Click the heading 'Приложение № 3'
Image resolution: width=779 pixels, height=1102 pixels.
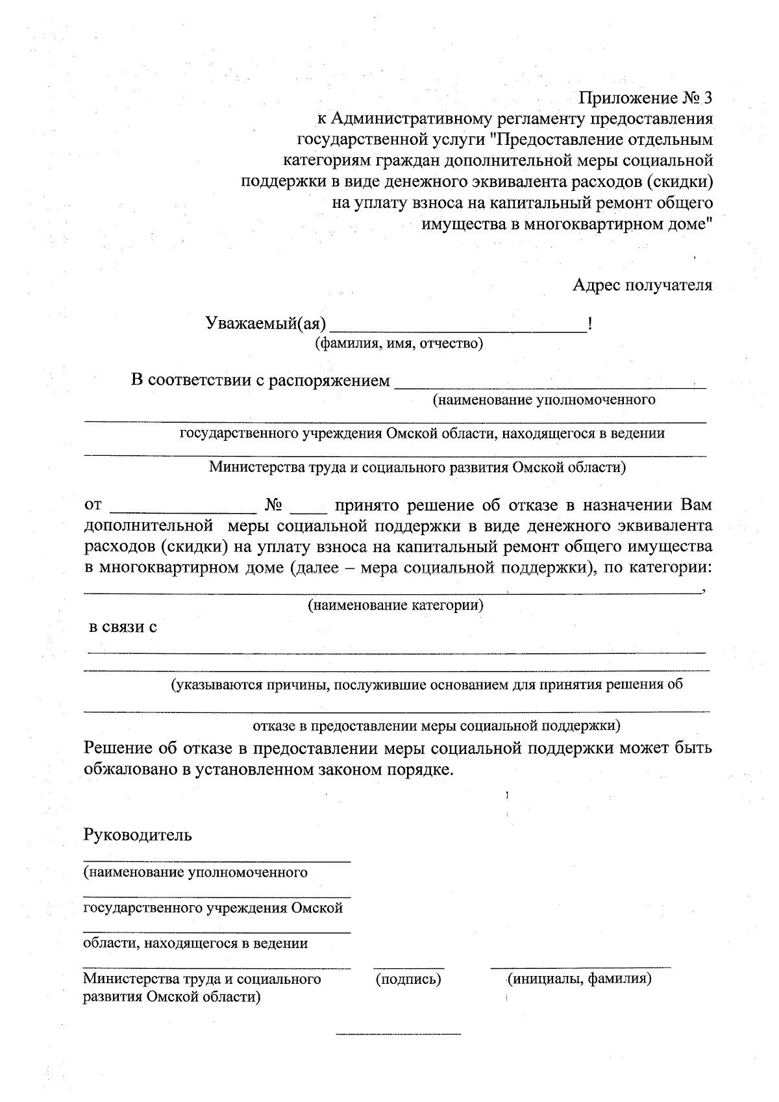pos(645,99)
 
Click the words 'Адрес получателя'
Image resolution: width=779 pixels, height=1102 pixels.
pos(642,285)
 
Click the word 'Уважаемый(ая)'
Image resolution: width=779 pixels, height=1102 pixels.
pos(266,323)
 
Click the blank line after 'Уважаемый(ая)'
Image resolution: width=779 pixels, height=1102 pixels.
pos(458,331)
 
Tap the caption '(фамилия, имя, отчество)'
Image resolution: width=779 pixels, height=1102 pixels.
pos(399,343)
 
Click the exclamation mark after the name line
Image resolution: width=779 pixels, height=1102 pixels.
pos(588,323)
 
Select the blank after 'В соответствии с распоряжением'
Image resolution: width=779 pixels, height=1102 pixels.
pos(550,387)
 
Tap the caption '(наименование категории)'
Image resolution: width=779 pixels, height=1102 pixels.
pos(395,605)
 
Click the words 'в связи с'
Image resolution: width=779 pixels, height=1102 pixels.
pos(123,627)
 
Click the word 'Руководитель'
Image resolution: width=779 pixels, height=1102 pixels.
pos(138,834)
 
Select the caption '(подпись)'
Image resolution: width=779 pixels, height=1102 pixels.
pos(408,979)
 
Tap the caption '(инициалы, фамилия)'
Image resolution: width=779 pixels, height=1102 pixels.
pos(579,979)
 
